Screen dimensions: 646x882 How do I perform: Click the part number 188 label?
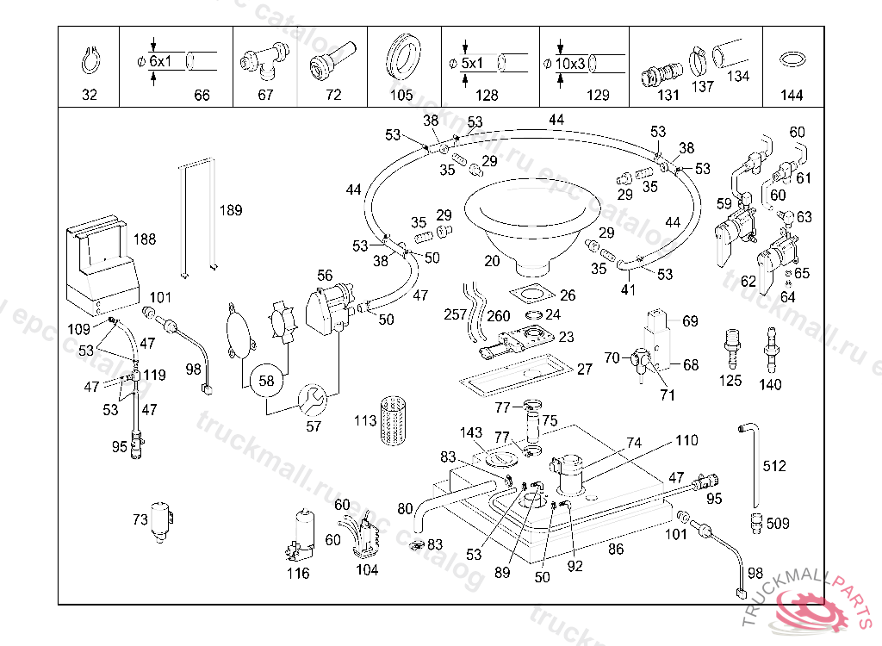coord(145,239)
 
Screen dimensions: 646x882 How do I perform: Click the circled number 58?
coord(266,380)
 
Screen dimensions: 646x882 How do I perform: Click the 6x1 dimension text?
coord(159,62)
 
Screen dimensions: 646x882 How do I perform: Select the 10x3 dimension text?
coord(569,63)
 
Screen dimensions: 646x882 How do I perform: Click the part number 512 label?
coord(774,466)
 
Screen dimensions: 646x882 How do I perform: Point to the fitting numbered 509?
coord(755,521)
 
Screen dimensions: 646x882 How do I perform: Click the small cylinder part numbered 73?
coord(161,520)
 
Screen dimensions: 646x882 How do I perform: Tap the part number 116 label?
coord(298,574)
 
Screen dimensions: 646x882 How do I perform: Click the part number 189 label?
coord(230,210)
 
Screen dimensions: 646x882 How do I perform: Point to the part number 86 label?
coord(615,548)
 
